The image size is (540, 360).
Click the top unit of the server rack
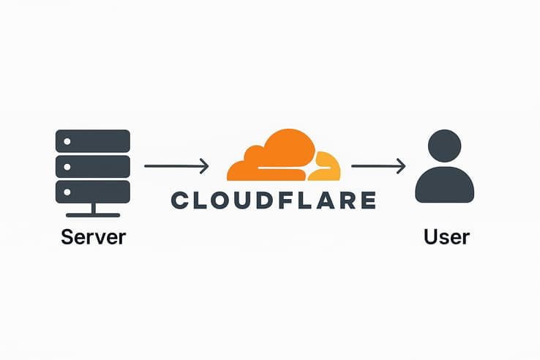tap(93, 140)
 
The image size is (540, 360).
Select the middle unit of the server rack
tap(93, 166)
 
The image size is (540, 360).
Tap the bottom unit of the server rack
tap(93, 192)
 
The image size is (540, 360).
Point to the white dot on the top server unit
tap(67, 140)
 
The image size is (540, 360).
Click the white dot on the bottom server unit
tap(67, 192)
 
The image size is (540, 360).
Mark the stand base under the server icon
tap(93, 214)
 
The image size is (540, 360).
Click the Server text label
tap(93, 237)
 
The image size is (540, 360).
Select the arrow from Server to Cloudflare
tap(176, 167)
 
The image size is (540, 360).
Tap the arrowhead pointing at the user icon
tap(401, 167)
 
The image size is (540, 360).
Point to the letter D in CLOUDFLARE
tap(269, 200)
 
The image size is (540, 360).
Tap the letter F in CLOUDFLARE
tap(288, 200)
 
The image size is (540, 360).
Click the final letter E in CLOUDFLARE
tap(368, 200)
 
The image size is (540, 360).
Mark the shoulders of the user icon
tap(444, 186)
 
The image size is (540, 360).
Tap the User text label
tap(446, 237)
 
